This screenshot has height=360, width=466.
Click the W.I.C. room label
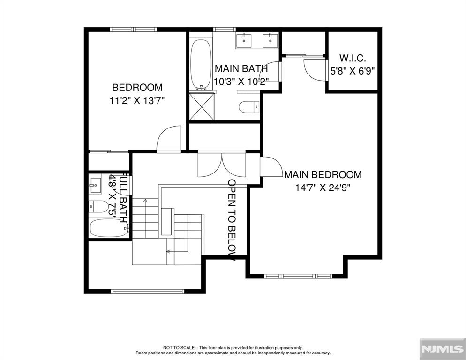click(x=353, y=58)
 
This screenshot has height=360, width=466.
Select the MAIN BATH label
click(x=241, y=68)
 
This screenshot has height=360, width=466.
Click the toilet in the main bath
click(x=249, y=107)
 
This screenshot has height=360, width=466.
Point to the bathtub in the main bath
click(x=201, y=65)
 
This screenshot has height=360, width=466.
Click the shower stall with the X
click(x=202, y=106)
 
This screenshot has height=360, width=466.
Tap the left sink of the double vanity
click(x=244, y=40)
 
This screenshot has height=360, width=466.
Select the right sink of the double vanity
click(x=270, y=40)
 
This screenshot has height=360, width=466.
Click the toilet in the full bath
click(x=98, y=206)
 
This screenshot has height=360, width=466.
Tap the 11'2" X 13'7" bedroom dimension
click(x=137, y=101)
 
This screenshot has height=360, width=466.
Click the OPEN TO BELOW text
click(x=232, y=219)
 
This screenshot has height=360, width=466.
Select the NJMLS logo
click(x=443, y=349)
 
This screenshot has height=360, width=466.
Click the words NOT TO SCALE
click(x=179, y=347)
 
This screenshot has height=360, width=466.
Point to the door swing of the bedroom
click(x=169, y=139)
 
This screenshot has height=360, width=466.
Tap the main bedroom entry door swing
click(x=271, y=167)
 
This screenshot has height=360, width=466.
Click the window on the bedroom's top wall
click(x=133, y=29)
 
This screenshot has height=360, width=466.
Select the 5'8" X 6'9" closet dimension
click(x=352, y=71)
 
